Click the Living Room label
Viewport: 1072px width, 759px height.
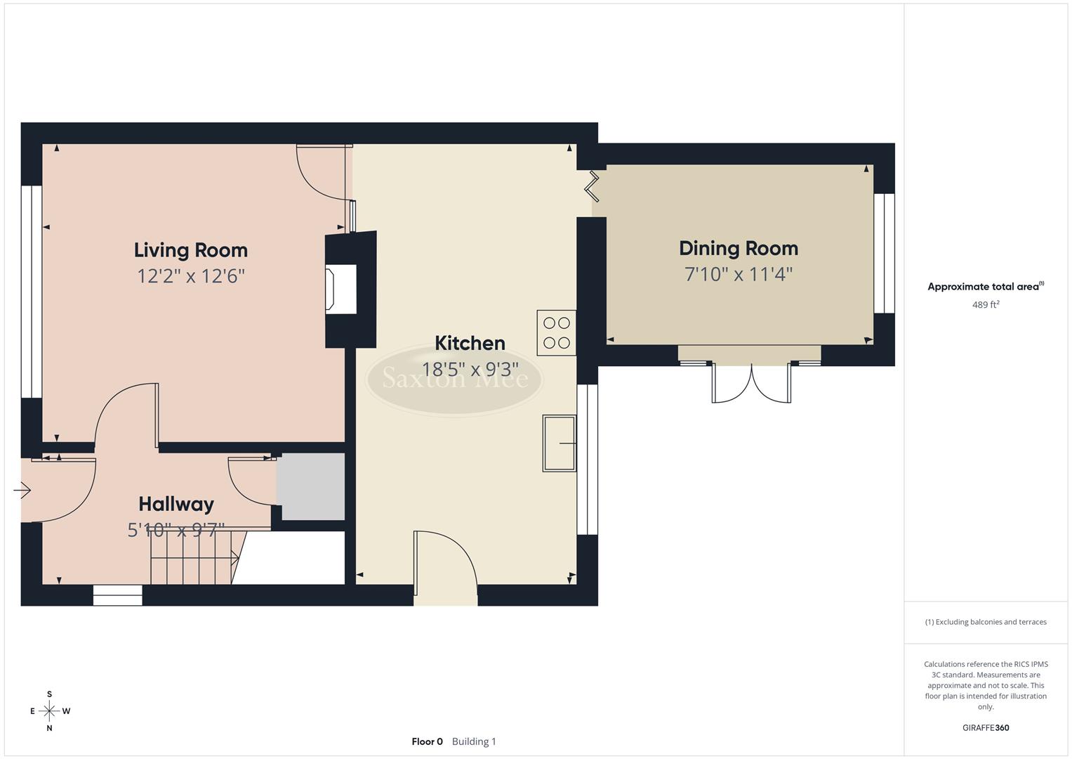[190, 250]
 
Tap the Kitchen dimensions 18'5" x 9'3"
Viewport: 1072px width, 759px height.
[470, 369]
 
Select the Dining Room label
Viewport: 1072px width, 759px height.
[738, 248]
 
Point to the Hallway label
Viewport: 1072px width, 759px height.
[176, 504]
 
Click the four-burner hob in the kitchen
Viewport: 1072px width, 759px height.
[556, 332]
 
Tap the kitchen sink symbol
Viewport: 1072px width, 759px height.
[559, 443]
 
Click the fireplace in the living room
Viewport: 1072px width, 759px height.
[340, 288]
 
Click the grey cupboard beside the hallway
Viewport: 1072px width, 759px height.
[310, 486]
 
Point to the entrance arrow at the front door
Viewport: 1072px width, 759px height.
[22, 490]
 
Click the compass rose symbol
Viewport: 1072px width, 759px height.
[49, 711]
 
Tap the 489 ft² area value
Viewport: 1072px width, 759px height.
[985, 305]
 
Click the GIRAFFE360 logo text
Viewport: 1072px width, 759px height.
[985, 727]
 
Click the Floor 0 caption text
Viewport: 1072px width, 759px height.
[427, 741]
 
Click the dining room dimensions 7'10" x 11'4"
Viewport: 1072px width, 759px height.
[738, 274]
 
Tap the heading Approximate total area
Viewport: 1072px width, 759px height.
[985, 287]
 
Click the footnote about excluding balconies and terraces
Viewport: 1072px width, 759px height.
[985, 622]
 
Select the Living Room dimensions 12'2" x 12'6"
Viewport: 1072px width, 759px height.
[190, 276]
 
